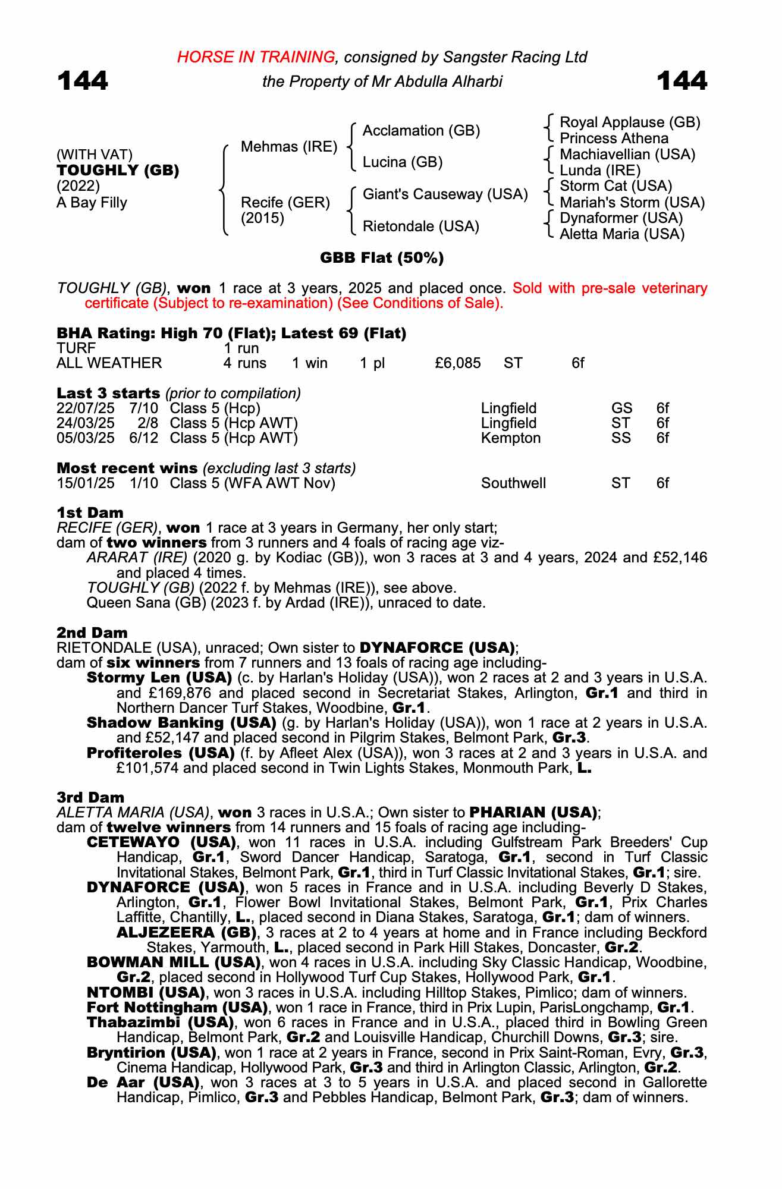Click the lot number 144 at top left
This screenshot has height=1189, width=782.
pyautogui.click(x=83, y=81)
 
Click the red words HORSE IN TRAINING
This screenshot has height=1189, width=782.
pyautogui.click(x=256, y=57)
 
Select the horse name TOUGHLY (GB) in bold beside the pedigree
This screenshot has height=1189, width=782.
pyautogui.click(x=118, y=171)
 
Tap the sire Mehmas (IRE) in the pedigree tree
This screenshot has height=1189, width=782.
pyautogui.click(x=288, y=147)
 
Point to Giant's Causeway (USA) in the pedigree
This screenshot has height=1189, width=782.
pyautogui.click(x=445, y=194)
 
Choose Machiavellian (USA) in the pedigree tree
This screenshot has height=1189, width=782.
pyautogui.click(x=627, y=155)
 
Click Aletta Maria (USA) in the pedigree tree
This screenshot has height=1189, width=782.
pyautogui.click(x=622, y=234)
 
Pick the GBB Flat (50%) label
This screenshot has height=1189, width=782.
pyautogui.click(x=382, y=258)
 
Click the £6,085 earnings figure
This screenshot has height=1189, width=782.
pyautogui.click(x=458, y=363)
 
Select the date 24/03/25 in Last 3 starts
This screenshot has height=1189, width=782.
pyautogui.click(x=86, y=423)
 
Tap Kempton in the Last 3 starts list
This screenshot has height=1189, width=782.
pyautogui.click(x=511, y=438)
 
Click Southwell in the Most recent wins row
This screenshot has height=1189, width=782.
pyautogui.click(x=513, y=483)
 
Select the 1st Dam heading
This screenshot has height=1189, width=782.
pyautogui.click(x=90, y=512)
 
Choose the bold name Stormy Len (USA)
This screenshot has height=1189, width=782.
pyautogui.click(x=159, y=678)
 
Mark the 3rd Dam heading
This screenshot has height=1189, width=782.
pyautogui.click(x=90, y=797)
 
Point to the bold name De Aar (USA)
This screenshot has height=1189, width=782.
pyautogui.click(x=143, y=1082)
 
